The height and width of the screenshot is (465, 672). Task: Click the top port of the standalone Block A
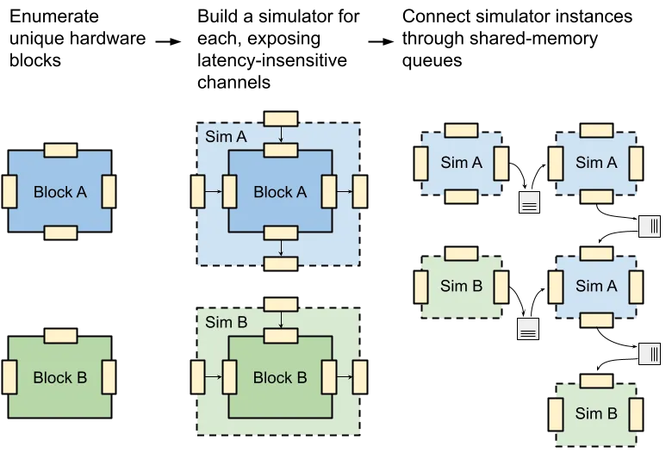tap(60, 150)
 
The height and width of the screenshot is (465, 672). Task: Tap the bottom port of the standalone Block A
tap(60, 232)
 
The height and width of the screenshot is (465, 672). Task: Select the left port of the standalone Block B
tap(9, 376)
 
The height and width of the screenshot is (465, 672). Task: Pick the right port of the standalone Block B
tap(109, 376)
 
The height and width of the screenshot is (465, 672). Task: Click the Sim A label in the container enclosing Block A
tap(226, 137)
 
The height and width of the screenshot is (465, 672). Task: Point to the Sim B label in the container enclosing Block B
tap(227, 323)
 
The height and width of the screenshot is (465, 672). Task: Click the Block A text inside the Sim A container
tap(280, 192)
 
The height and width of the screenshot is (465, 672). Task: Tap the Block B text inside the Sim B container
tap(280, 377)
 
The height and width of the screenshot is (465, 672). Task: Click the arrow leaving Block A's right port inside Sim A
tap(344, 191)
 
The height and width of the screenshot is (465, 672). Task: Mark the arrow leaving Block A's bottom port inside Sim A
tap(281, 248)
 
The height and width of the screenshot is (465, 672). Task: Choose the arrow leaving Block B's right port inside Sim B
tap(344, 377)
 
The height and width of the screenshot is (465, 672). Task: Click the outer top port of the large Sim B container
tap(281, 304)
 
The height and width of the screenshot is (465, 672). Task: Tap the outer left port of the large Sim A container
tap(197, 191)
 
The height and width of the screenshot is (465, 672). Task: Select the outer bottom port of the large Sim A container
tap(281, 263)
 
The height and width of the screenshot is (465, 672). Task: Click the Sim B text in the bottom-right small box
tap(596, 413)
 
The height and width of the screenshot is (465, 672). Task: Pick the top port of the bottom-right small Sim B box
tap(596, 381)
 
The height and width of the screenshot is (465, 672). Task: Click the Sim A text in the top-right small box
tap(596, 163)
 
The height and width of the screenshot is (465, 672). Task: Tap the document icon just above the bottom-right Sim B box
tap(648, 352)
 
